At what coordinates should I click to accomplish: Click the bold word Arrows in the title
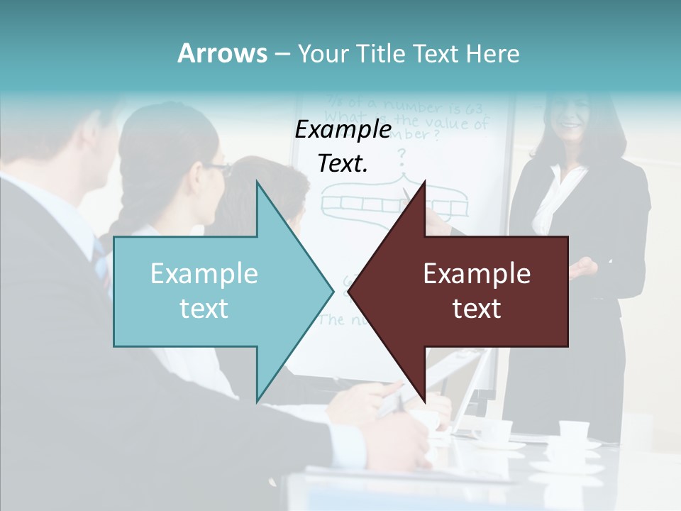click(x=222, y=53)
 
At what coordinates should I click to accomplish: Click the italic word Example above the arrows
click(x=343, y=131)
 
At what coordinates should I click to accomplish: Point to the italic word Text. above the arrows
click(x=343, y=164)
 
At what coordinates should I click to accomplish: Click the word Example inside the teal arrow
click(x=204, y=274)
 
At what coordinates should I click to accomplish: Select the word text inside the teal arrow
click(x=204, y=309)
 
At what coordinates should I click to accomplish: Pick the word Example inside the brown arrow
click(x=477, y=274)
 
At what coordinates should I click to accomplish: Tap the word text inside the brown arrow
click(x=477, y=309)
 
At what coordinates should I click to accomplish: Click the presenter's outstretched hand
click(x=583, y=268)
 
